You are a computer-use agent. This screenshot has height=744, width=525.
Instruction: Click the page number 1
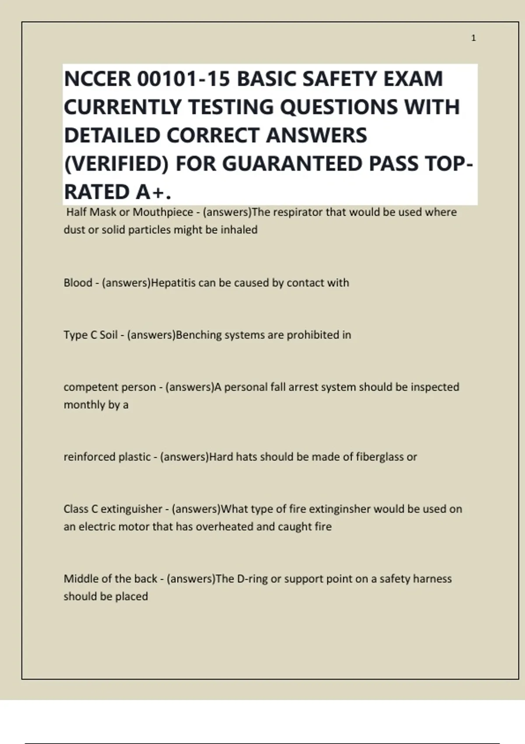473,39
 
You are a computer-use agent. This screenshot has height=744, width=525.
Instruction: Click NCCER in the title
97,79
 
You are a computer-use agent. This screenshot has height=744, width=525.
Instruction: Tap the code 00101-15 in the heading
184,79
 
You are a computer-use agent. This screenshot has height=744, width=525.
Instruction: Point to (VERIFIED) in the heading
116,164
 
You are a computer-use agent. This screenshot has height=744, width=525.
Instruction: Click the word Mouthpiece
163,212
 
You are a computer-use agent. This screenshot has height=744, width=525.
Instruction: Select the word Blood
78,283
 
